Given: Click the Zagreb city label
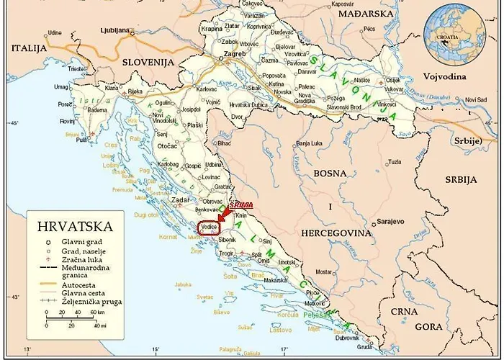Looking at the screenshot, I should point(235,54).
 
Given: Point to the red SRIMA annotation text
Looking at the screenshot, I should point(240,205).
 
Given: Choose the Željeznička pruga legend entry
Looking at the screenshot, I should point(91,302).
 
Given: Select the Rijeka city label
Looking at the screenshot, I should point(135,91).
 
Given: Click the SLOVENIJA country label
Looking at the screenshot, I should point(148,63).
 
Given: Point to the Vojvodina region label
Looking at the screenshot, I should point(444,76).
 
